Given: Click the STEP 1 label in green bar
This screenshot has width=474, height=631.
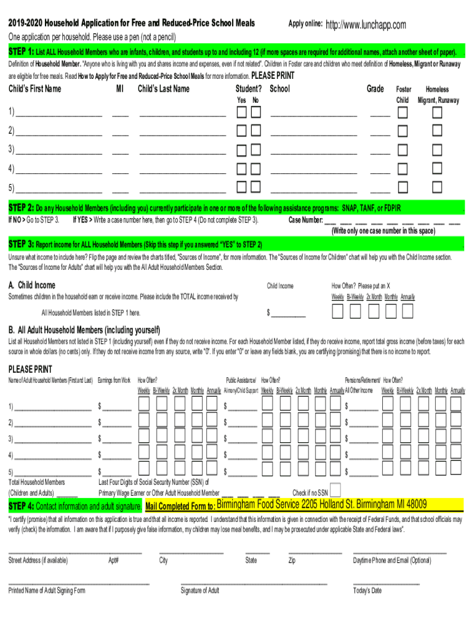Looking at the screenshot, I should point(21,52).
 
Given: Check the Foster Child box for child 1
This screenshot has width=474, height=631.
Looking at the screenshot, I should point(403,113).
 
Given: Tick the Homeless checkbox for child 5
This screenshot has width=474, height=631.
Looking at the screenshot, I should point(437,187).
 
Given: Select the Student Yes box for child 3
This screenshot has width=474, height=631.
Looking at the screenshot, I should point(242,150).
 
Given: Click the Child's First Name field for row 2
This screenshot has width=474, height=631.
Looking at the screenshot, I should point(58,131).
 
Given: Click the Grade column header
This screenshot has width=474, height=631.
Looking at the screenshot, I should point(376,89).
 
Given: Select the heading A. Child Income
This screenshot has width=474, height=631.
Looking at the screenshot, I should point(31,285).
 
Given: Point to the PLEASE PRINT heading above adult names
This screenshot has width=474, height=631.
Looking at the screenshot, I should point(30,370).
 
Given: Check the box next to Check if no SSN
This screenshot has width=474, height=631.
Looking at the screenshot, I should point(336,491).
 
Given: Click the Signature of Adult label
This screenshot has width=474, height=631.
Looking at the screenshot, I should point(199,591).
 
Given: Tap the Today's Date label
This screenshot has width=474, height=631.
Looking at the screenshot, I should point(368,591).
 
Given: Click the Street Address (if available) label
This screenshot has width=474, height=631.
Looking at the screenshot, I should point(38,561).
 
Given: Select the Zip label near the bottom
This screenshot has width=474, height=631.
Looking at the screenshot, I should point(292,561).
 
